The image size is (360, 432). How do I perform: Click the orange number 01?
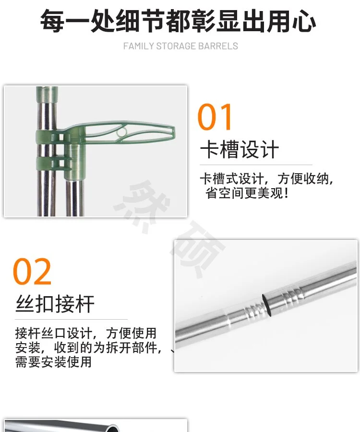215,117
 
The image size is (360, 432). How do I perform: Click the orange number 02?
32,271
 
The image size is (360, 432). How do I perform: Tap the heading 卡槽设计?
240,150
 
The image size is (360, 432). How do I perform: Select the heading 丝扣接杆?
55,304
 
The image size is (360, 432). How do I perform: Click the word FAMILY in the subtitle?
139,46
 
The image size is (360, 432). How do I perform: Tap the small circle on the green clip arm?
121,132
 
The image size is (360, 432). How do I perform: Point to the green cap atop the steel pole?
47,95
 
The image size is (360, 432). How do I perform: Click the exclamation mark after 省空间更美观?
287,192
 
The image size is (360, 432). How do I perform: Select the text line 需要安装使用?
53,362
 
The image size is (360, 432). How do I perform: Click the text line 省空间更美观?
244,192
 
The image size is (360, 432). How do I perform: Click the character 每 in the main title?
52,21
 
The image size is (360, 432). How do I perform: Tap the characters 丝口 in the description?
54,333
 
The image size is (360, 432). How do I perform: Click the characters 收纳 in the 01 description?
316,179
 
